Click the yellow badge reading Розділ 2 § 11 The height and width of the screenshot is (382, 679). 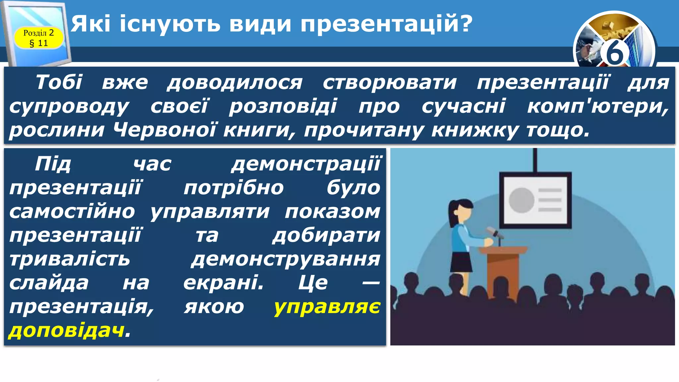pyautogui.click(x=38, y=38)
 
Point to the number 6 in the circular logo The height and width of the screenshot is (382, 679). pyautogui.click(x=614, y=53)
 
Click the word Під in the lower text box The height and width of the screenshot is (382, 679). pyautogui.click(x=53, y=164)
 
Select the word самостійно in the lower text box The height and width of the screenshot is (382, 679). pyautogui.click(x=72, y=212)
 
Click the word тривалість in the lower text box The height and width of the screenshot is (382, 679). pyautogui.click(x=70, y=259)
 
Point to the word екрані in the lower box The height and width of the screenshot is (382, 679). pyautogui.click(x=223, y=283)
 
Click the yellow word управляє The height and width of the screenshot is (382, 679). pyautogui.click(x=327, y=307)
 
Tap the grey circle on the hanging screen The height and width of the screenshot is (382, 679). pyautogui.click(x=521, y=200)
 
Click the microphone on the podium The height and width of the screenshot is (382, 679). pyautogui.click(x=494, y=232)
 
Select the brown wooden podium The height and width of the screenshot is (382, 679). pyautogui.click(x=503, y=269)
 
